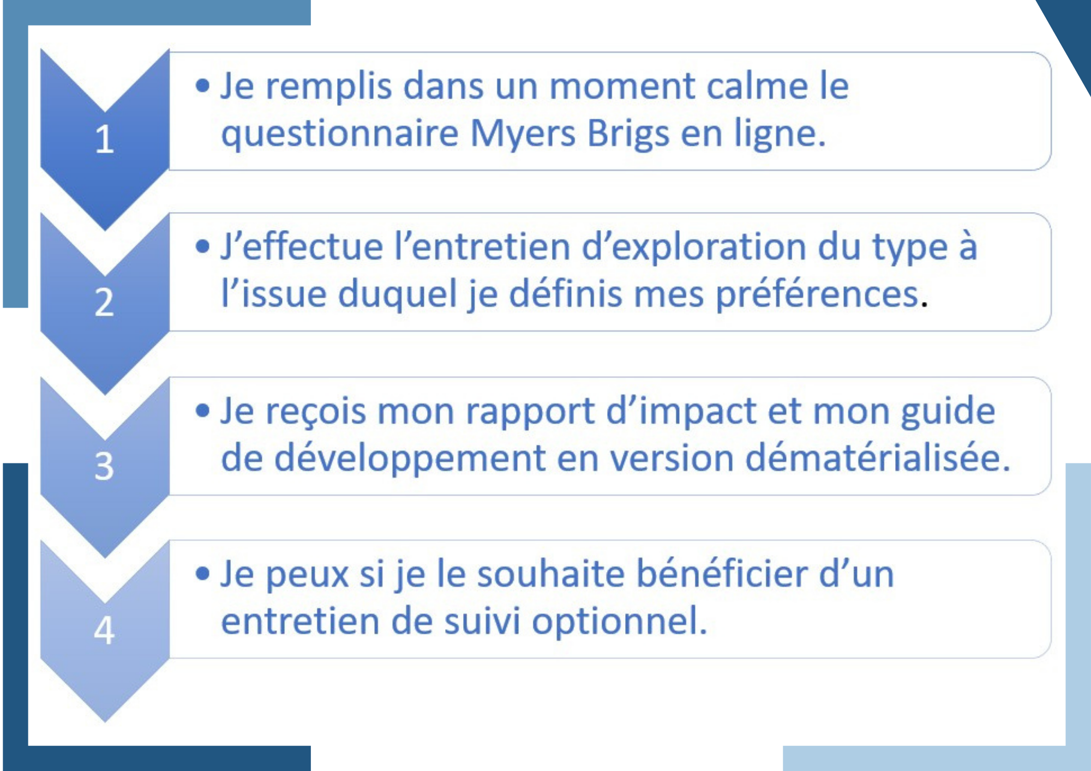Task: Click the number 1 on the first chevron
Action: coord(104,140)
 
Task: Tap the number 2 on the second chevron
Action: coord(104,302)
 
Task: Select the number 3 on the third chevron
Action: coord(104,466)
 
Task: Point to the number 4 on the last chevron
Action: coord(104,630)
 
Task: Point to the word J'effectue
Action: coord(302,246)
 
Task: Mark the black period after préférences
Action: coord(924,305)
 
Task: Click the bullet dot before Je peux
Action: coord(202,574)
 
